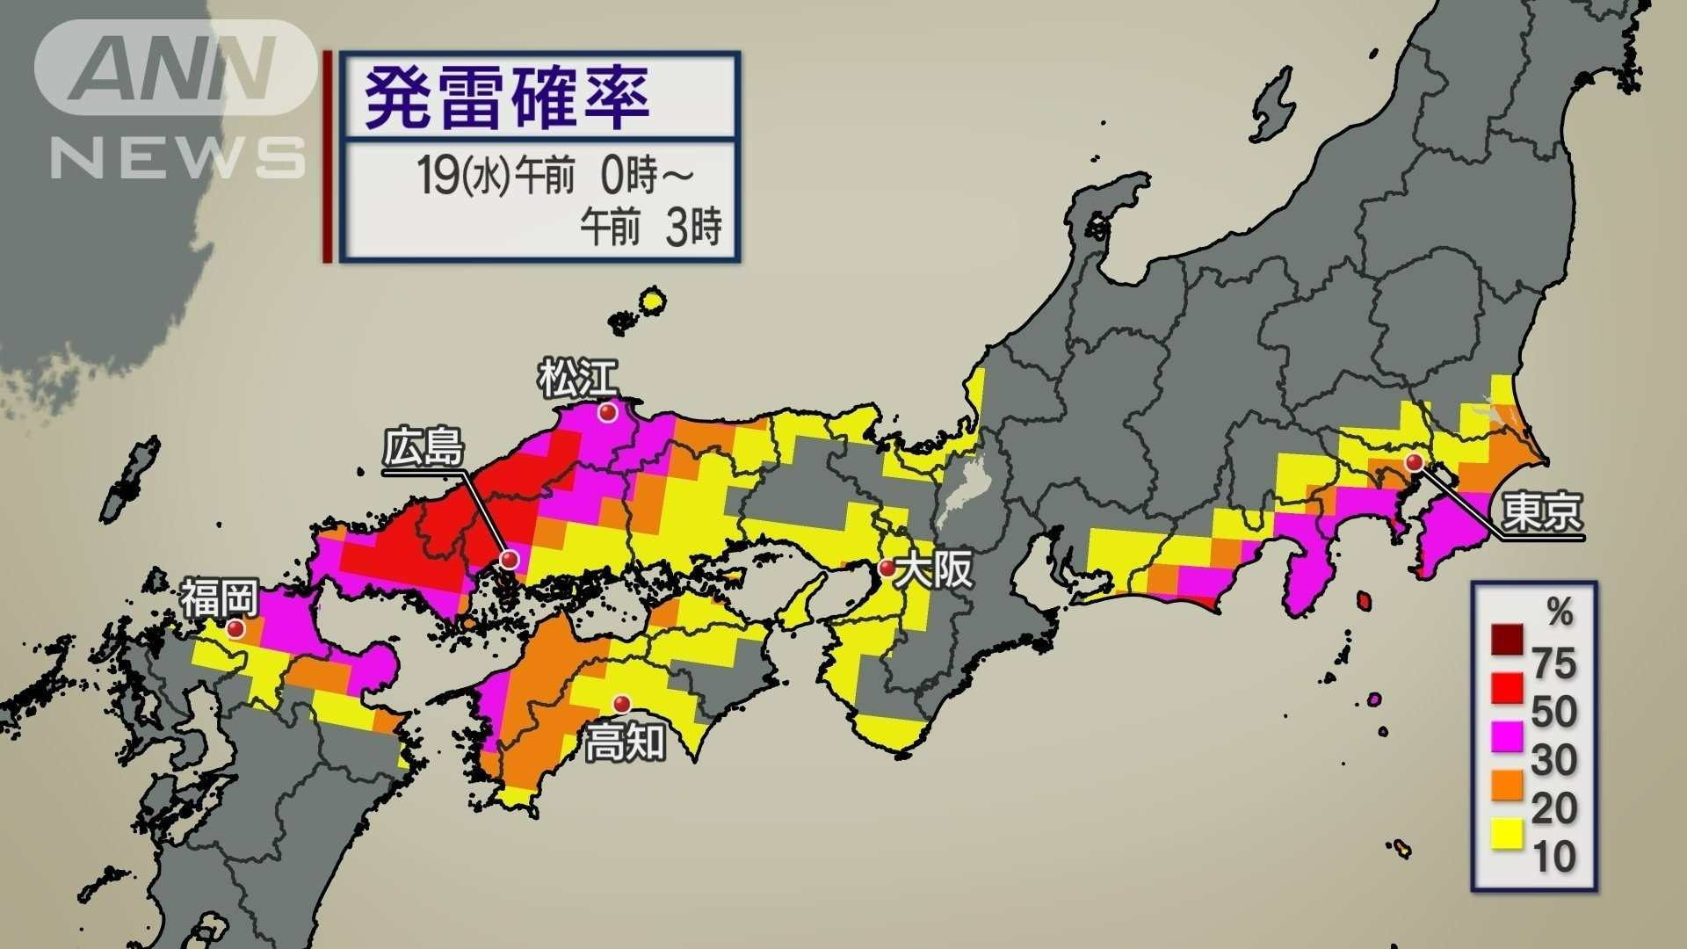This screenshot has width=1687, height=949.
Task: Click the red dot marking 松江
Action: [x=607, y=412]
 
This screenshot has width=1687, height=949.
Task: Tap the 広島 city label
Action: [x=423, y=448]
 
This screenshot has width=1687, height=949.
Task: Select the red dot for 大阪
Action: [x=887, y=567]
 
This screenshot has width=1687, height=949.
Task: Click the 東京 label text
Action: [x=1541, y=511]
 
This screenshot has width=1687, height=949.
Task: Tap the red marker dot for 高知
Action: [x=621, y=703]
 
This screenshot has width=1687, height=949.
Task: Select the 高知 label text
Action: [x=625, y=743]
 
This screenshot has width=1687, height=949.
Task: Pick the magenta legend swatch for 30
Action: [x=1507, y=735]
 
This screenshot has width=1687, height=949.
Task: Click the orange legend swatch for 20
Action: [x=1507, y=785]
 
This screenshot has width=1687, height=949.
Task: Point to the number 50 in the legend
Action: [x=1553, y=712]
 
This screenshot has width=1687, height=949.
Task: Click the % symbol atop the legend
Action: [x=1560, y=612]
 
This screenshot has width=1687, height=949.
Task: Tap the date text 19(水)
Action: [x=464, y=176]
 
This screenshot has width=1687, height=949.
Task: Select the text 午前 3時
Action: [x=651, y=228]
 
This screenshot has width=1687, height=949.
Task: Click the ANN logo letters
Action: [x=176, y=69]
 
